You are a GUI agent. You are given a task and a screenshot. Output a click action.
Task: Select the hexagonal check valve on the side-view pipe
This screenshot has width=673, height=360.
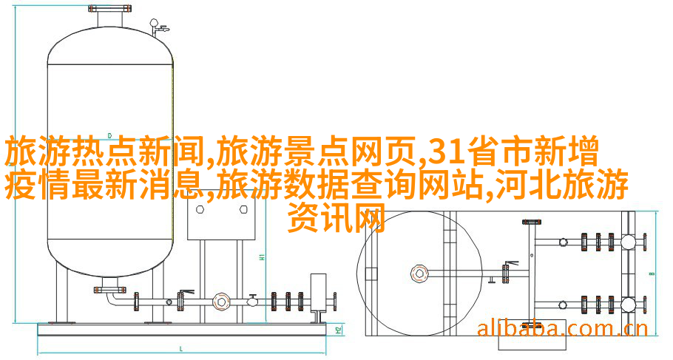[220, 301]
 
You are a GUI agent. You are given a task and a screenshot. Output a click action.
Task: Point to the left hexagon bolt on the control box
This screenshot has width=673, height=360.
[200, 210]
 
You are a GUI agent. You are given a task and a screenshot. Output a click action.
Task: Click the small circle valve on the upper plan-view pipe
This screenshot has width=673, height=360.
[564, 241]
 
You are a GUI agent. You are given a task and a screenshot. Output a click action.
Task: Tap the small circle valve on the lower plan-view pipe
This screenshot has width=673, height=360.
[564, 304]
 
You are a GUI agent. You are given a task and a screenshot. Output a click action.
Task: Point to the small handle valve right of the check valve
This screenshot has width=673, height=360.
[251, 299]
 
